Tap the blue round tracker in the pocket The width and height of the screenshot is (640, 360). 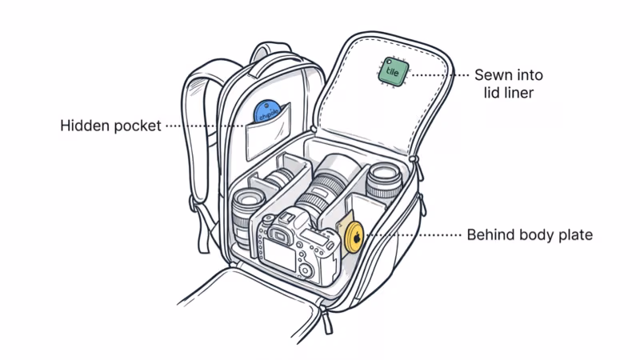click(266, 112)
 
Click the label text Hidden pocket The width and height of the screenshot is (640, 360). click(111, 126)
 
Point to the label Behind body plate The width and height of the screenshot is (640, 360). click(529, 236)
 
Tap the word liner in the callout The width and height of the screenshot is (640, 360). click(521, 93)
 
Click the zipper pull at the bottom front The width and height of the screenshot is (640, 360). click(329, 321)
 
